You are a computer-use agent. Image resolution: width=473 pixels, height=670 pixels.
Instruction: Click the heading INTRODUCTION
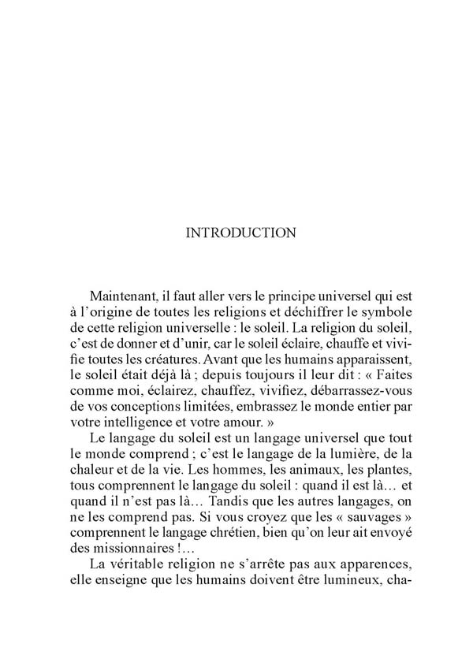240,233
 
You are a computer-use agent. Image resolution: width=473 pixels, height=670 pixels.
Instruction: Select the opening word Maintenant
123,296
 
